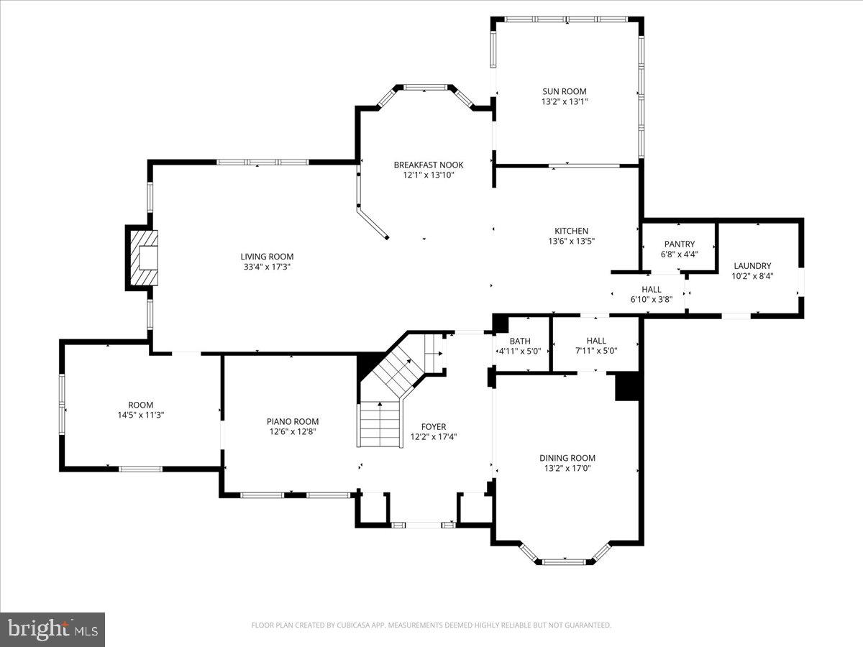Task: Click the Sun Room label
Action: [564, 91]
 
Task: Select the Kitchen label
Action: [571, 231]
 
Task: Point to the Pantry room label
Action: [679, 244]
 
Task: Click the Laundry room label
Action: [752, 265]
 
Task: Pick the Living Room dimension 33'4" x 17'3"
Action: [267, 267]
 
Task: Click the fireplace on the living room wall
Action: [143, 258]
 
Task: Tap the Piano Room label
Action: [292, 421]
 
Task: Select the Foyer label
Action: [434, 426]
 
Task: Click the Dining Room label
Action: [567, 458]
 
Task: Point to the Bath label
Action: [520, 341]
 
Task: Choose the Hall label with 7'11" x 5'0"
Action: [595, 341]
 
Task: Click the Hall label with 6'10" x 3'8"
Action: [652, 290]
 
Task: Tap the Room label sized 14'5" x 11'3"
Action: [141, 405]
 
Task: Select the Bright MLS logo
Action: [52, 629]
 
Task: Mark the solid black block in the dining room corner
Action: [627, 386]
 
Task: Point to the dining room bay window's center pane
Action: [565, 560]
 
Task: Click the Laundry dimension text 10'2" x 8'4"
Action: [752, 276]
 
